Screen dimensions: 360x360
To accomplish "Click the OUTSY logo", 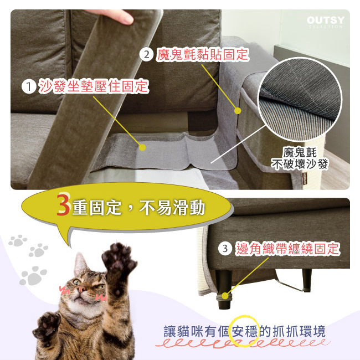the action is tap(326, 22).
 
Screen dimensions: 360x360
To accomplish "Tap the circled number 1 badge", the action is tap(29, 86).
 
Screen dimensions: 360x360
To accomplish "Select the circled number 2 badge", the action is tap(146, 55).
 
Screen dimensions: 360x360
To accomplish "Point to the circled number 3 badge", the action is tap(225, 249).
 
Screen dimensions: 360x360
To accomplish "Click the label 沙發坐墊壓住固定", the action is tap(93, 86).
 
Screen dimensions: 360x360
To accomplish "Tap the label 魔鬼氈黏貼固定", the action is tap(203, 55).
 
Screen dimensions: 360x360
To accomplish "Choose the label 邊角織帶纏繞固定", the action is tap(287, 249).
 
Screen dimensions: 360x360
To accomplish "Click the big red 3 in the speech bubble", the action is tap(63, 205).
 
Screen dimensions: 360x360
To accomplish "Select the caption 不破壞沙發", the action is tap(300, 164).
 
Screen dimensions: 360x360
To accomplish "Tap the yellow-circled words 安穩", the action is tap(245, 331).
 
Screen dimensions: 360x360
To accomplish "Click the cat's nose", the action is tap(81, 289).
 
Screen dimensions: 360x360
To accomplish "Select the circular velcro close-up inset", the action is tap(300, 99).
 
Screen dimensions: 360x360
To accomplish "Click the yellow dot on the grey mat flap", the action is tap(142, 147).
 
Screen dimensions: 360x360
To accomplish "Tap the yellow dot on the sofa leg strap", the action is tap(225, 296).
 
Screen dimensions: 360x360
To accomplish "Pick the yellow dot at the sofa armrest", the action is tap(238, 111).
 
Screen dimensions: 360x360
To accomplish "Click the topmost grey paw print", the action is tap(18, 240).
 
